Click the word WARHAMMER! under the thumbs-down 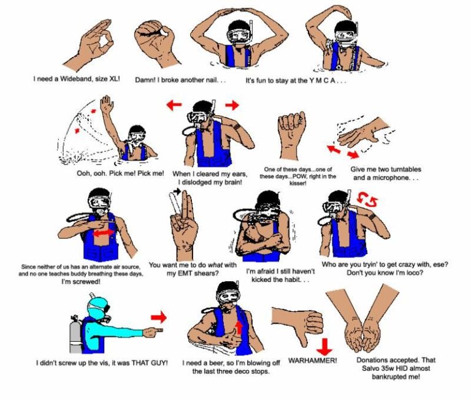pyautogui.click(x=312, y=360)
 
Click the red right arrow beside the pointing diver pyautogui.click(x=159, y=317)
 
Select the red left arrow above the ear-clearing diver pyautogui.click(x=174, y=105)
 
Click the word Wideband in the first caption pyautogui.click(x=83, y=79)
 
